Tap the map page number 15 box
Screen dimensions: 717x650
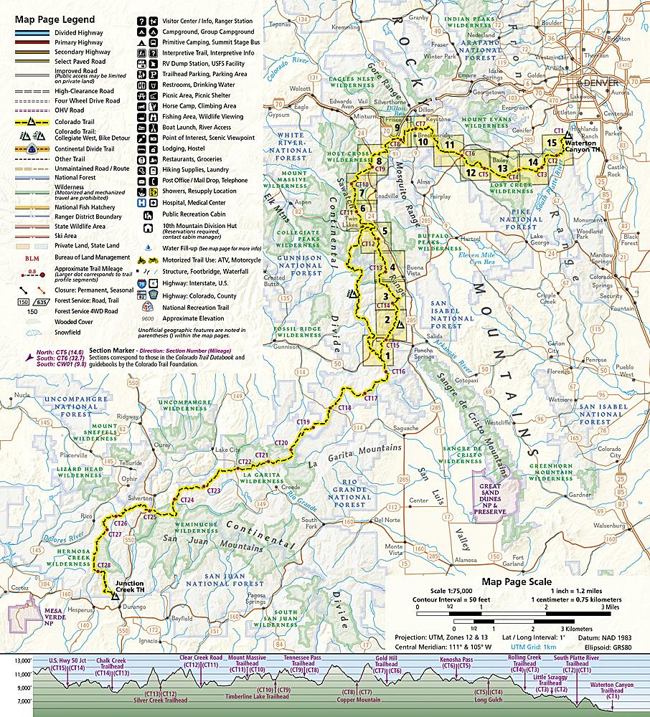[550, 143]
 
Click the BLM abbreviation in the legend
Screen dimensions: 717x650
[31, 257]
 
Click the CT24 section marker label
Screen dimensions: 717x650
[187, 500]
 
